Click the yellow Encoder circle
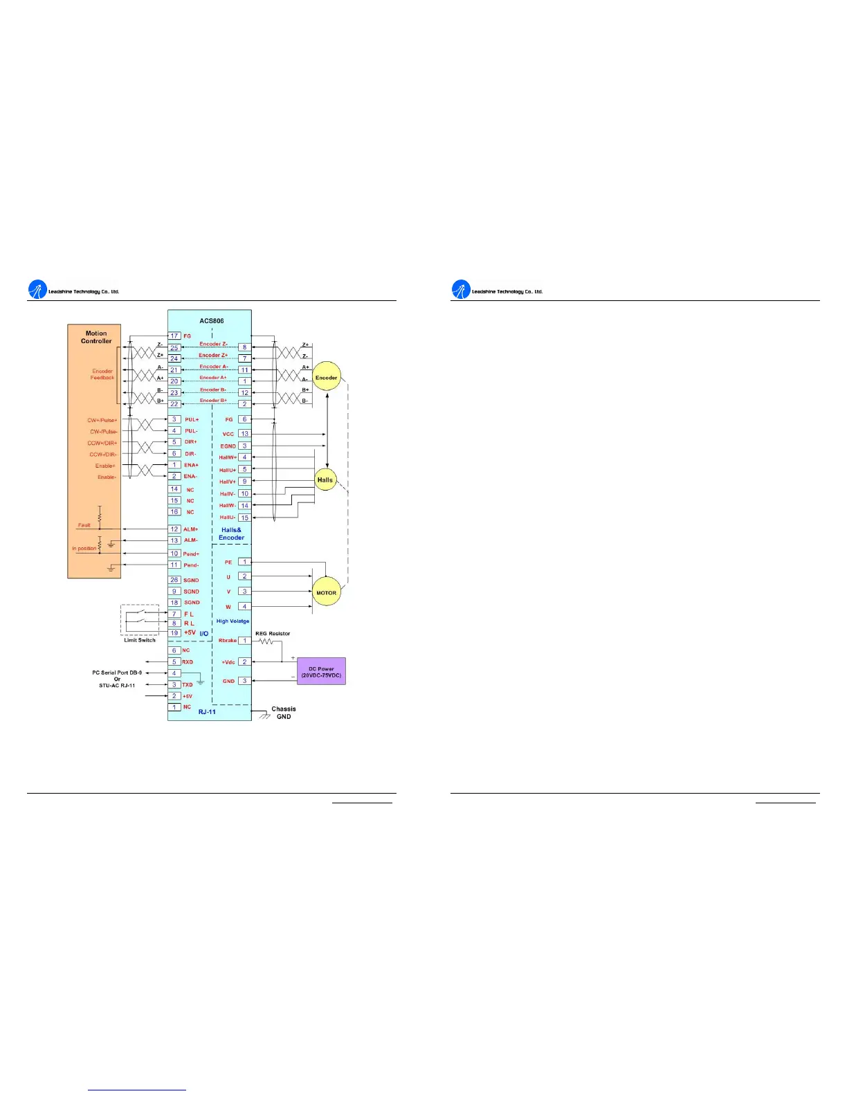[327, 376]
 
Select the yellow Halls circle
[325, 479]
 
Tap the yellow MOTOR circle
[326, 592]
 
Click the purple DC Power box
[321, 672]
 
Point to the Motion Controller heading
[96, 337]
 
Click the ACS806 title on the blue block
[212, 320]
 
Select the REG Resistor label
[273, 633]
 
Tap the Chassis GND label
[284, 713]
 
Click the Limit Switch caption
[140, 640]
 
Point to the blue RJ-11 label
[207, 711]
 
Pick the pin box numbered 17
[175, 336]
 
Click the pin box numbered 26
[174, 580]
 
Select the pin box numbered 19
[174, 632]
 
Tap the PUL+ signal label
[192, 420]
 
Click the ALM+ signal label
[190, 529]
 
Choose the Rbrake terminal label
[228, 641]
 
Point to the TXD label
[188, 684]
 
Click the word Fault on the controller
[84, 525]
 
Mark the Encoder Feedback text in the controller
[102, 374]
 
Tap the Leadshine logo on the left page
[37, 291]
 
